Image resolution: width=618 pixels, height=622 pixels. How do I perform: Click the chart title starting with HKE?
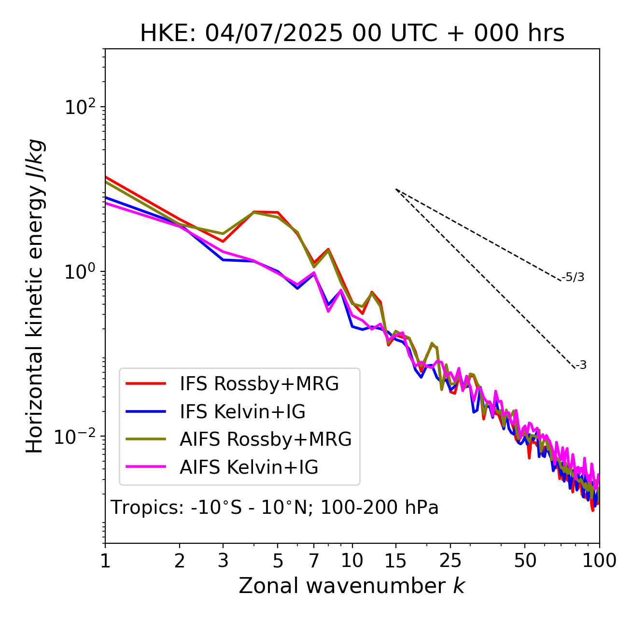tap(352, 34)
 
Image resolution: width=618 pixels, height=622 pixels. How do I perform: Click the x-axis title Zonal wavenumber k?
tap(351, 586)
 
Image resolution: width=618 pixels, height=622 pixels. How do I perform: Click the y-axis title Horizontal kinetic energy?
tap(35, 296)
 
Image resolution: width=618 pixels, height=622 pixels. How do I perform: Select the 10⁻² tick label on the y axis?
tap(77, 437)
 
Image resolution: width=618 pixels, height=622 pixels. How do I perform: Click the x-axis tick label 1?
tap(105, 561)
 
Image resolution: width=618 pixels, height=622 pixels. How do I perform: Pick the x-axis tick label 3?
tap(223, 561)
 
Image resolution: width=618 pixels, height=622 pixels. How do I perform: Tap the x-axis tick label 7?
tap(314, 561)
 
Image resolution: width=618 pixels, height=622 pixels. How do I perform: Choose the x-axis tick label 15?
tap(395, 561)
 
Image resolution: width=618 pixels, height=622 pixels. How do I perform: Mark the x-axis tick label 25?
tap(450, 561)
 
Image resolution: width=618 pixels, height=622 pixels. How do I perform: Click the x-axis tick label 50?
tap(525, 561)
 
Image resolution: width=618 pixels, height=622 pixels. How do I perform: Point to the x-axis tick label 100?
tap(599, 561)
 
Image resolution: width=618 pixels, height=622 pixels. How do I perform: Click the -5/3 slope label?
tap(573, 278)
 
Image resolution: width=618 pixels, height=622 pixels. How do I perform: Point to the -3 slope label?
tap(581, 366)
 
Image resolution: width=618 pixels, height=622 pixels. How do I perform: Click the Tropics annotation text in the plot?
tap(274, 508)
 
